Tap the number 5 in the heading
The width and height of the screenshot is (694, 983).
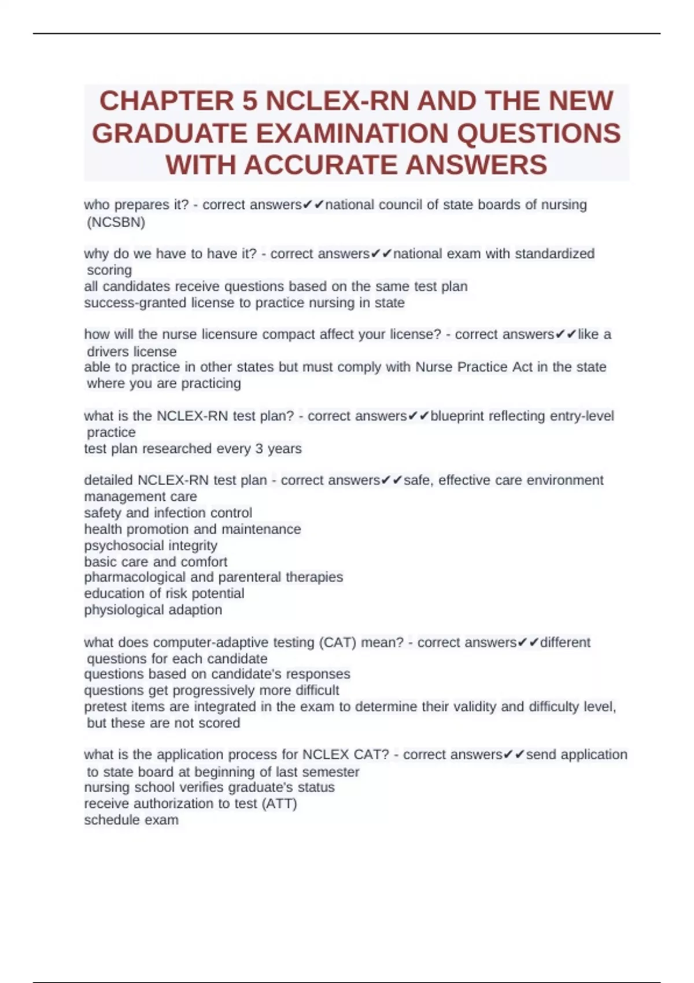pos(249,101)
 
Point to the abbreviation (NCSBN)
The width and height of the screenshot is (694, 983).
pos(116,222)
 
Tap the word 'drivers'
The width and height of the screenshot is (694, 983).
pos(108,352)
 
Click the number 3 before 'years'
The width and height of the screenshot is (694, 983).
pos(259,449)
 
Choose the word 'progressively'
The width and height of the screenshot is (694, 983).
pos(213,690)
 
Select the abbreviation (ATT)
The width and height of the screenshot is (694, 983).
pos(279,804)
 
